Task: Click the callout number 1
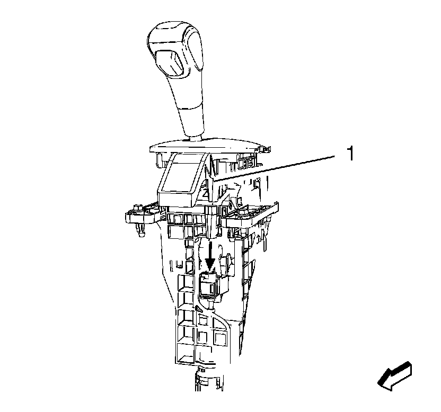350,153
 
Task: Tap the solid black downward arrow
210,255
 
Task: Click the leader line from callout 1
275,168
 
